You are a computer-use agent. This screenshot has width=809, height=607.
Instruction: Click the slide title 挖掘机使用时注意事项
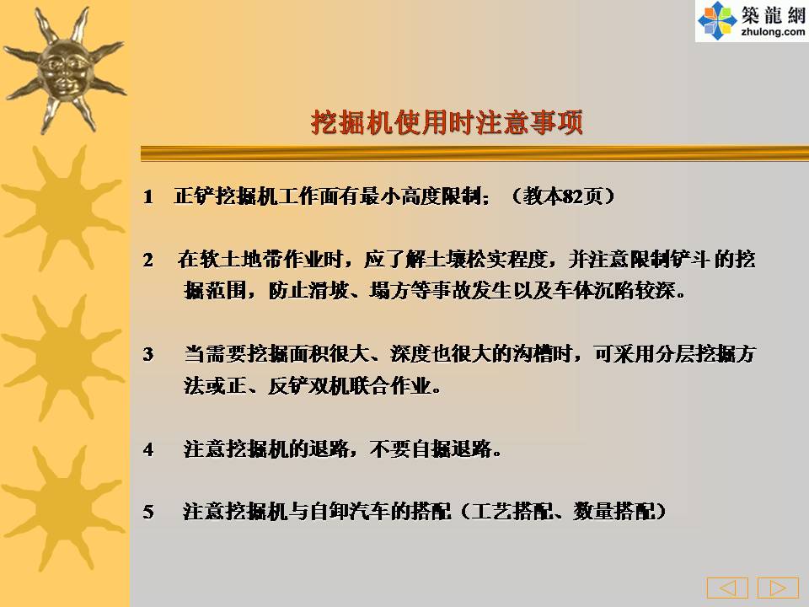[x=447, y=122]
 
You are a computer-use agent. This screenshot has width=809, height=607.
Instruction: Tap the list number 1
[x=148, y=196]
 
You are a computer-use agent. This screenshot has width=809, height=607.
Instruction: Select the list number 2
[x=148, y=261]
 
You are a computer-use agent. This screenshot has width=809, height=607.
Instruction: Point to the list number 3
[x=148, y=355]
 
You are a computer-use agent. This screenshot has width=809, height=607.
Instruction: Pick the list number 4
[x=148, y=449]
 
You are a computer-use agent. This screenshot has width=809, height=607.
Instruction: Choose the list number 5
[x=148, y=512]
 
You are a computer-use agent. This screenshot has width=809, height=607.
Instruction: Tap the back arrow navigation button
[x=727, y=588]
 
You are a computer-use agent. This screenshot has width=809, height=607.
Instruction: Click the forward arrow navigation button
[x=778, y=588]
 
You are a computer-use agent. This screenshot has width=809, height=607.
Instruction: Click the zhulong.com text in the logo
[x=773, y=33]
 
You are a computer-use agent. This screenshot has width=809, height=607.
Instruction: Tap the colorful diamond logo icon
[x=717, y=20]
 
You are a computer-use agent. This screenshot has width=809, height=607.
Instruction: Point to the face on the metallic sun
[x=65, y=71]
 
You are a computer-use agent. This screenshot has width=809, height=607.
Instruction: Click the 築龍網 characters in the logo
[x=773, y=14]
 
